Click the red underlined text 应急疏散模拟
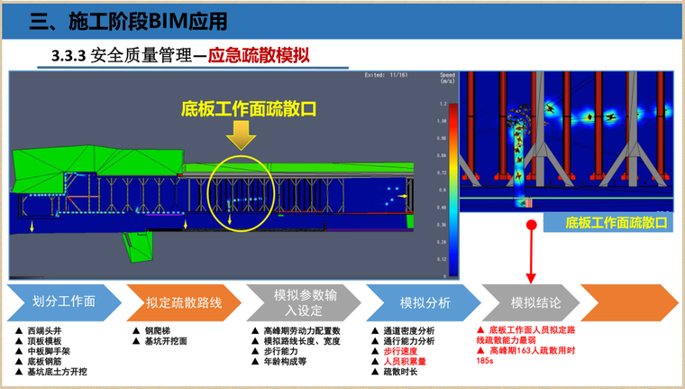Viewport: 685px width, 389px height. [259, 56]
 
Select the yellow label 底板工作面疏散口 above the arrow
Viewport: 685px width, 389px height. [249, 108]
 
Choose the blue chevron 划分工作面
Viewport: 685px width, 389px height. [62, 302]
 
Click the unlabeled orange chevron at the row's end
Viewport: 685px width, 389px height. [626, 302]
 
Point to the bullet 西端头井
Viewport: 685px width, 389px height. [43, 331]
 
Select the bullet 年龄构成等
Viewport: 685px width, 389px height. [285, 362]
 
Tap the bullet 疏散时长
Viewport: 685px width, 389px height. [397, 372]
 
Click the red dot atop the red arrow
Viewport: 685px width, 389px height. [532, 225]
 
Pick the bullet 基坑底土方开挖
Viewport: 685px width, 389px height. [56, 372]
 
